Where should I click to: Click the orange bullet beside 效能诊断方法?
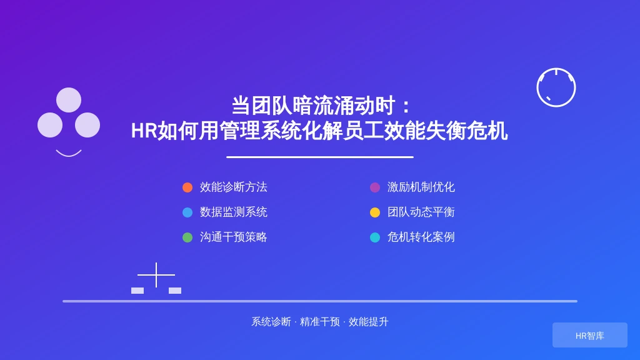click(187, 187)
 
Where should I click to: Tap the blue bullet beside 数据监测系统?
click(187, 212)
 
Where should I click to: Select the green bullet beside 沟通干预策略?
click(187, 237)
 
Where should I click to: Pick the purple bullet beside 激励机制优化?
click(375, 187)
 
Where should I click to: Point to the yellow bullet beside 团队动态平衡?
click(375, 212)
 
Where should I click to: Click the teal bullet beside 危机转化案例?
click(375, 237)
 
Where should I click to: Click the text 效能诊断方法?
click(234, 187)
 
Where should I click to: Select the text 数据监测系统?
click(234, 212)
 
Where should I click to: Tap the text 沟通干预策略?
click(234, 237)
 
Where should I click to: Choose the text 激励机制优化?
click(421, 187)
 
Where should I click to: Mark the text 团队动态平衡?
click(421, 212)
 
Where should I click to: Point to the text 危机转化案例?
click(421, 237)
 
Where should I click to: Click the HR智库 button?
click(590, 335)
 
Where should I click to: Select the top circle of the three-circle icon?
click(69, 100)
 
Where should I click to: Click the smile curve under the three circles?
click(69, 156)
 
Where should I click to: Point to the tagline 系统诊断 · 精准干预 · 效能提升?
click(319, 322)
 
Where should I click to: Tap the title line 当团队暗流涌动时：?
click(321, 106)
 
